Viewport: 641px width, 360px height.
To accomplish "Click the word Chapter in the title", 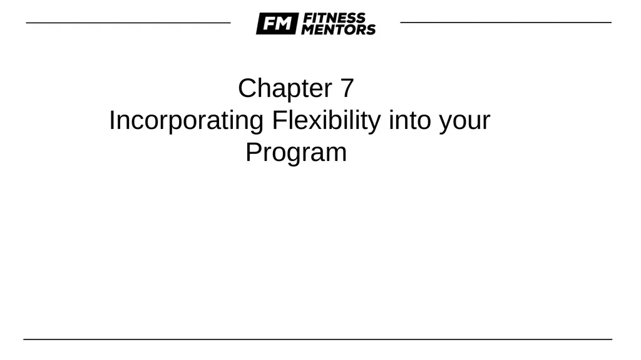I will (285, 88).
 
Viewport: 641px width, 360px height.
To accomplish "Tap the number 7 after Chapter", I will (347, 88).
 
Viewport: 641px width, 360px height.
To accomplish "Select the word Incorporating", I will (186, 120).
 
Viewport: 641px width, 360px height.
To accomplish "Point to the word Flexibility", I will (326, 120).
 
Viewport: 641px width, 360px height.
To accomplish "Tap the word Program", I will (295, 153).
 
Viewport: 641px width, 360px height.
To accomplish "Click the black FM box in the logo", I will (276, 24).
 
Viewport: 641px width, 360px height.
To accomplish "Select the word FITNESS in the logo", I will (333, 18).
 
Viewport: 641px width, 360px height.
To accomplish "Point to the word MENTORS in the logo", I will (338, 29).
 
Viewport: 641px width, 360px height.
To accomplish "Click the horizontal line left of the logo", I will (128, 23).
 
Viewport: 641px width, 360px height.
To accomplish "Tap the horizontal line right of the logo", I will (506, 23).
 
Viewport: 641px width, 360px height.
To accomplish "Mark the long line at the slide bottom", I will (318, 339).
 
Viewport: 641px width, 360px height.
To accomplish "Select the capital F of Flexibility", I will (277, 120).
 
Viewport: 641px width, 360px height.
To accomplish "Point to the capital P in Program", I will (252, 152).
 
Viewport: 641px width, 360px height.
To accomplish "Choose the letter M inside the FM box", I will (283, 24).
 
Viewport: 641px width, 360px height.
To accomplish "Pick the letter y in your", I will (444, 123).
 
